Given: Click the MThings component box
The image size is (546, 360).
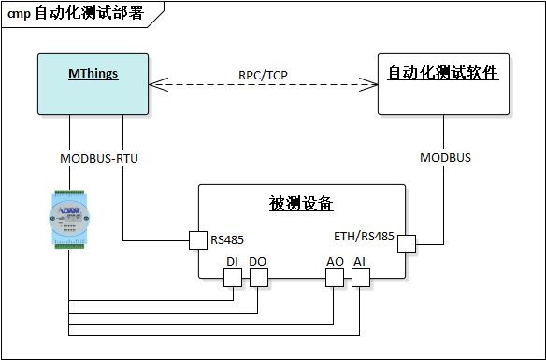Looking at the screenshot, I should (x=93, y=84).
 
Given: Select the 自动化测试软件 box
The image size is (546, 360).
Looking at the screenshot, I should (x=442, y=84).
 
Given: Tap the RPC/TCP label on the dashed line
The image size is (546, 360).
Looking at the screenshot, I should (x=263, y=75).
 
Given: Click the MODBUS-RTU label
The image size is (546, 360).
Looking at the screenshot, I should (x=99, y=158).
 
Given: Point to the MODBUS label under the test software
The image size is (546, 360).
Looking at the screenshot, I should (x=445, y=158).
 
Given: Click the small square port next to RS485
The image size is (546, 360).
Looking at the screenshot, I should (x=198, y=240).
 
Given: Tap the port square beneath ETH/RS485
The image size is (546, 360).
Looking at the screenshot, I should (x=407, y=244).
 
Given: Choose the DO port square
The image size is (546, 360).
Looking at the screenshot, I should (x=259, y=278).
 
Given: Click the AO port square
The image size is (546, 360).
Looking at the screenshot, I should (x=334, y=278).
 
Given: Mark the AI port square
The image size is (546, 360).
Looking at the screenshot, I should (x=360, y=278).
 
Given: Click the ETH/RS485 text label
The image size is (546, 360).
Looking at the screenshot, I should (x=364, y=236).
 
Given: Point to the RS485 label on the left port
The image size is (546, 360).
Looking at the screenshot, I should (x=227, y=240).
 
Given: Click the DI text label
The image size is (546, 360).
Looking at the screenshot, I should (x=233, y=261).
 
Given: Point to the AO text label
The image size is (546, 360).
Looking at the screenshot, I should (x=334, y=261).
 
